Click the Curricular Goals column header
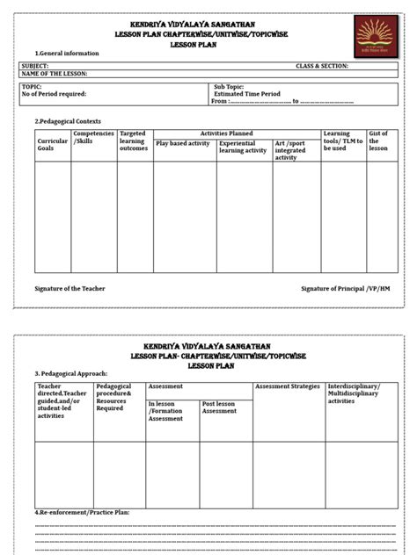pos(52,145)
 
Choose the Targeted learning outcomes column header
pos(134,141)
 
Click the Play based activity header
pos(182,142)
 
